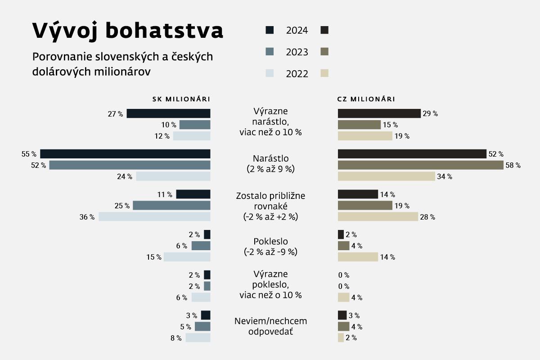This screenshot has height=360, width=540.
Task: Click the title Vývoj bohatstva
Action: (x=128, y=31)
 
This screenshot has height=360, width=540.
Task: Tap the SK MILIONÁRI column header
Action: (x=181, y=99)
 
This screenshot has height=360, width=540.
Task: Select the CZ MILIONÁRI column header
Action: (x=366, y=99)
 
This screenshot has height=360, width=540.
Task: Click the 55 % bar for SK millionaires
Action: (x=125, y=154)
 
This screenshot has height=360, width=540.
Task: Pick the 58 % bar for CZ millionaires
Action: (x=420, y=165)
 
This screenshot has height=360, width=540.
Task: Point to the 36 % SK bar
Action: (x=154, y=217)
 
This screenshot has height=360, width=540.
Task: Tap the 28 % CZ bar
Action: (x=378, y=217)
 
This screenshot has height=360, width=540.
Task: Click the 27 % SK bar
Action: (x=168, y=114)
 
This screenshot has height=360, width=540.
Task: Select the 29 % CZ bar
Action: (x=379, y=113)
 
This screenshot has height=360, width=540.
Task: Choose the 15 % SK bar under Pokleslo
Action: (x=187, y=257)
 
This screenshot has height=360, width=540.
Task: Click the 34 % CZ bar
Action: (x=386, y=176)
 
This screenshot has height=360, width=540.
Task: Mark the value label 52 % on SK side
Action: (x=38, y=165)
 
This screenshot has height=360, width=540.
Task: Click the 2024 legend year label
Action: (x=297, y=31)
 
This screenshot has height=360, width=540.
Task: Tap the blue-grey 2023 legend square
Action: (x=270, y=51)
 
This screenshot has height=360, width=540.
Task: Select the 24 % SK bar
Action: (x=173, y=176)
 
